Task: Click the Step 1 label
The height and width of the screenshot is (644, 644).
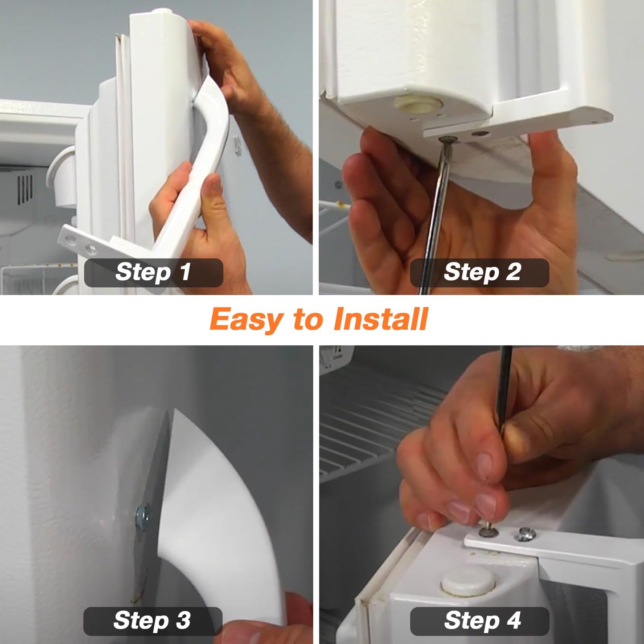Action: click(153, 272)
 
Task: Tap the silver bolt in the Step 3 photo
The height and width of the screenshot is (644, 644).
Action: click(143, 515)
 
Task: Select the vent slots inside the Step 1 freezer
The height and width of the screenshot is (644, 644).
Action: click(25, 189)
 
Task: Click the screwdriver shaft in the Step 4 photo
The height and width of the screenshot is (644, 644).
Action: click(504, 398)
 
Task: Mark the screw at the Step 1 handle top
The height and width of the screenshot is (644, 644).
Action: click(193, 99)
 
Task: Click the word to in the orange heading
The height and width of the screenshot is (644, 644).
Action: click(308, 320)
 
